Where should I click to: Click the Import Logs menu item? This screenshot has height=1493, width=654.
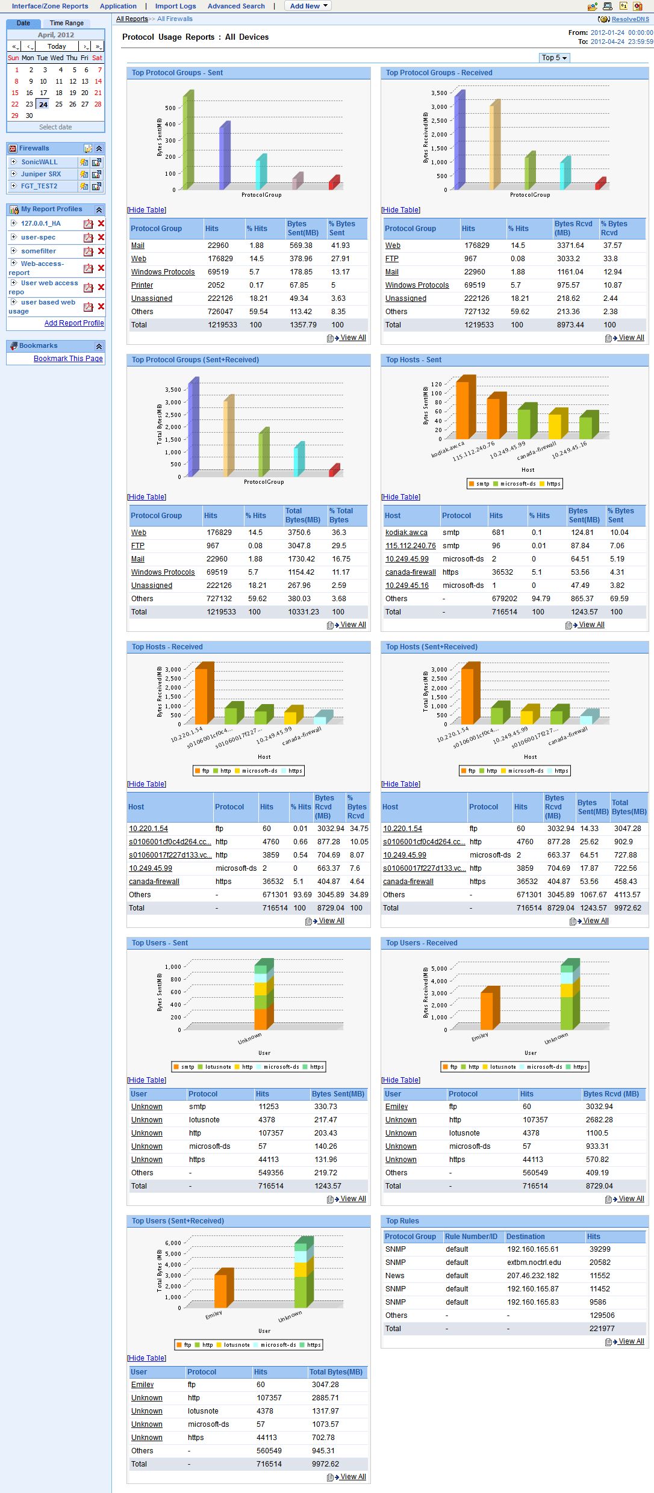coord(175,6)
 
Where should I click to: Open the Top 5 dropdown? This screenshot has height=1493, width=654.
coord(554,58)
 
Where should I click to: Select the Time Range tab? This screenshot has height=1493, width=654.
coord(66,23)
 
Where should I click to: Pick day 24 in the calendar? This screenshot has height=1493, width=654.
coord(43,104)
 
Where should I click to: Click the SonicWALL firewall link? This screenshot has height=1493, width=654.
coord(39,162)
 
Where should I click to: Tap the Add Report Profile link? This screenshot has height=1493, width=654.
coord(74,323)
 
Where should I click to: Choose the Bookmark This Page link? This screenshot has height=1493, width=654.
coord(68,359)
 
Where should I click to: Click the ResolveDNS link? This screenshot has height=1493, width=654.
coord(630,19)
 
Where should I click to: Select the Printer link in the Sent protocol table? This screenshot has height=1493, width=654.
coord(142,285)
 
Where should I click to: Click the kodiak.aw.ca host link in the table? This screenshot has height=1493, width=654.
coord(406,533)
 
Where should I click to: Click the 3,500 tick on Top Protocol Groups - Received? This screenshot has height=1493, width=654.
coord(439,93)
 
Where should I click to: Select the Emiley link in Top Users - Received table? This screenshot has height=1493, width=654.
coord(396,1107)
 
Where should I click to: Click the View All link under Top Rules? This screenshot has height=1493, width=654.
coord(631,1341)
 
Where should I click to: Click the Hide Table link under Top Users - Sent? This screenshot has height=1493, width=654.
coord(147,1080)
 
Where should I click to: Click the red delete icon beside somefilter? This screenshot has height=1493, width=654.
coord(101,251)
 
